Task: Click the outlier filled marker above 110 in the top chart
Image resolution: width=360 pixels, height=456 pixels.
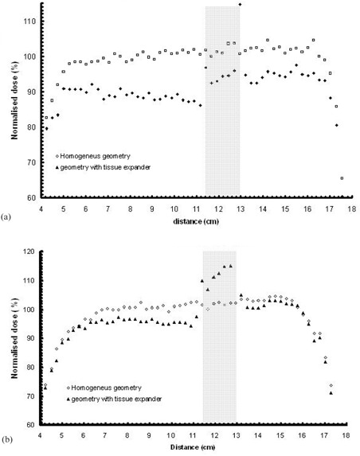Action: [x=240, y=4]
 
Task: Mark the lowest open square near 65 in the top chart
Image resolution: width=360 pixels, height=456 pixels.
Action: [x=342, y=178]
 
